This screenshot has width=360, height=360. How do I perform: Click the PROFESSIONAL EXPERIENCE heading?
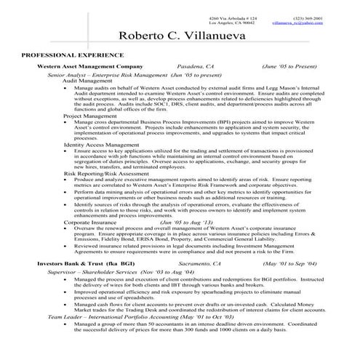72,55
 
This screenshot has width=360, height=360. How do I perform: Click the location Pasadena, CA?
176,65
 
